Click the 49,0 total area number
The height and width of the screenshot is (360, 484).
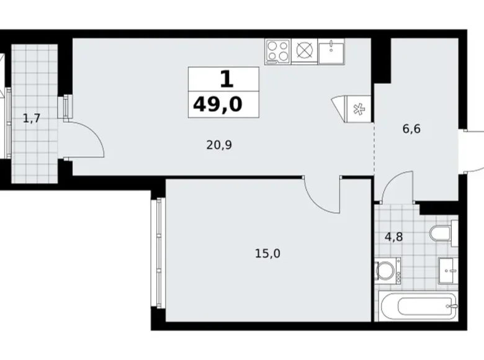(218, 104)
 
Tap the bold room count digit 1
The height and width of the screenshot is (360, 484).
(227, 79)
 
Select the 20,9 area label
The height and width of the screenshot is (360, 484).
(219, 145)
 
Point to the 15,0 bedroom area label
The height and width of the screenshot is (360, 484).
(267, 253)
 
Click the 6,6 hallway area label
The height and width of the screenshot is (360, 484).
(411, 128)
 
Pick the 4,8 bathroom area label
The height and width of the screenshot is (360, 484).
(393, 237)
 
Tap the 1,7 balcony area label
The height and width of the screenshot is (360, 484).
(32, 118)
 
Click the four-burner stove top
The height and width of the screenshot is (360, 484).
(278, 52)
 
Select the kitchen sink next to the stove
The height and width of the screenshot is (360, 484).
(331, 52)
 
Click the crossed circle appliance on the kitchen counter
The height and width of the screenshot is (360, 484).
(304, 50)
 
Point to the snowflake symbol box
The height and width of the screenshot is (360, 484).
(359, 109)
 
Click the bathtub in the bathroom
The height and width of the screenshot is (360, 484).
(419, 307)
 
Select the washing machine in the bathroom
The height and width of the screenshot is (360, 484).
(388, 271)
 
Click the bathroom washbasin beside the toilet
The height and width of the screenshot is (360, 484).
(449, 271)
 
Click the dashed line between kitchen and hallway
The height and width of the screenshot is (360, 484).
(374, 150)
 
